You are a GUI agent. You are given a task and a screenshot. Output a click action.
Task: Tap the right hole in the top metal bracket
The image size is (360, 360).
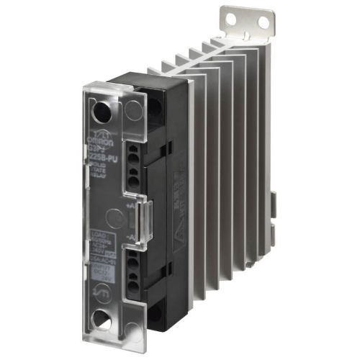coord(263,23)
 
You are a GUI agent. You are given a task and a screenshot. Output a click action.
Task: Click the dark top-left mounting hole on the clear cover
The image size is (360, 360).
coord(103,111)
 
